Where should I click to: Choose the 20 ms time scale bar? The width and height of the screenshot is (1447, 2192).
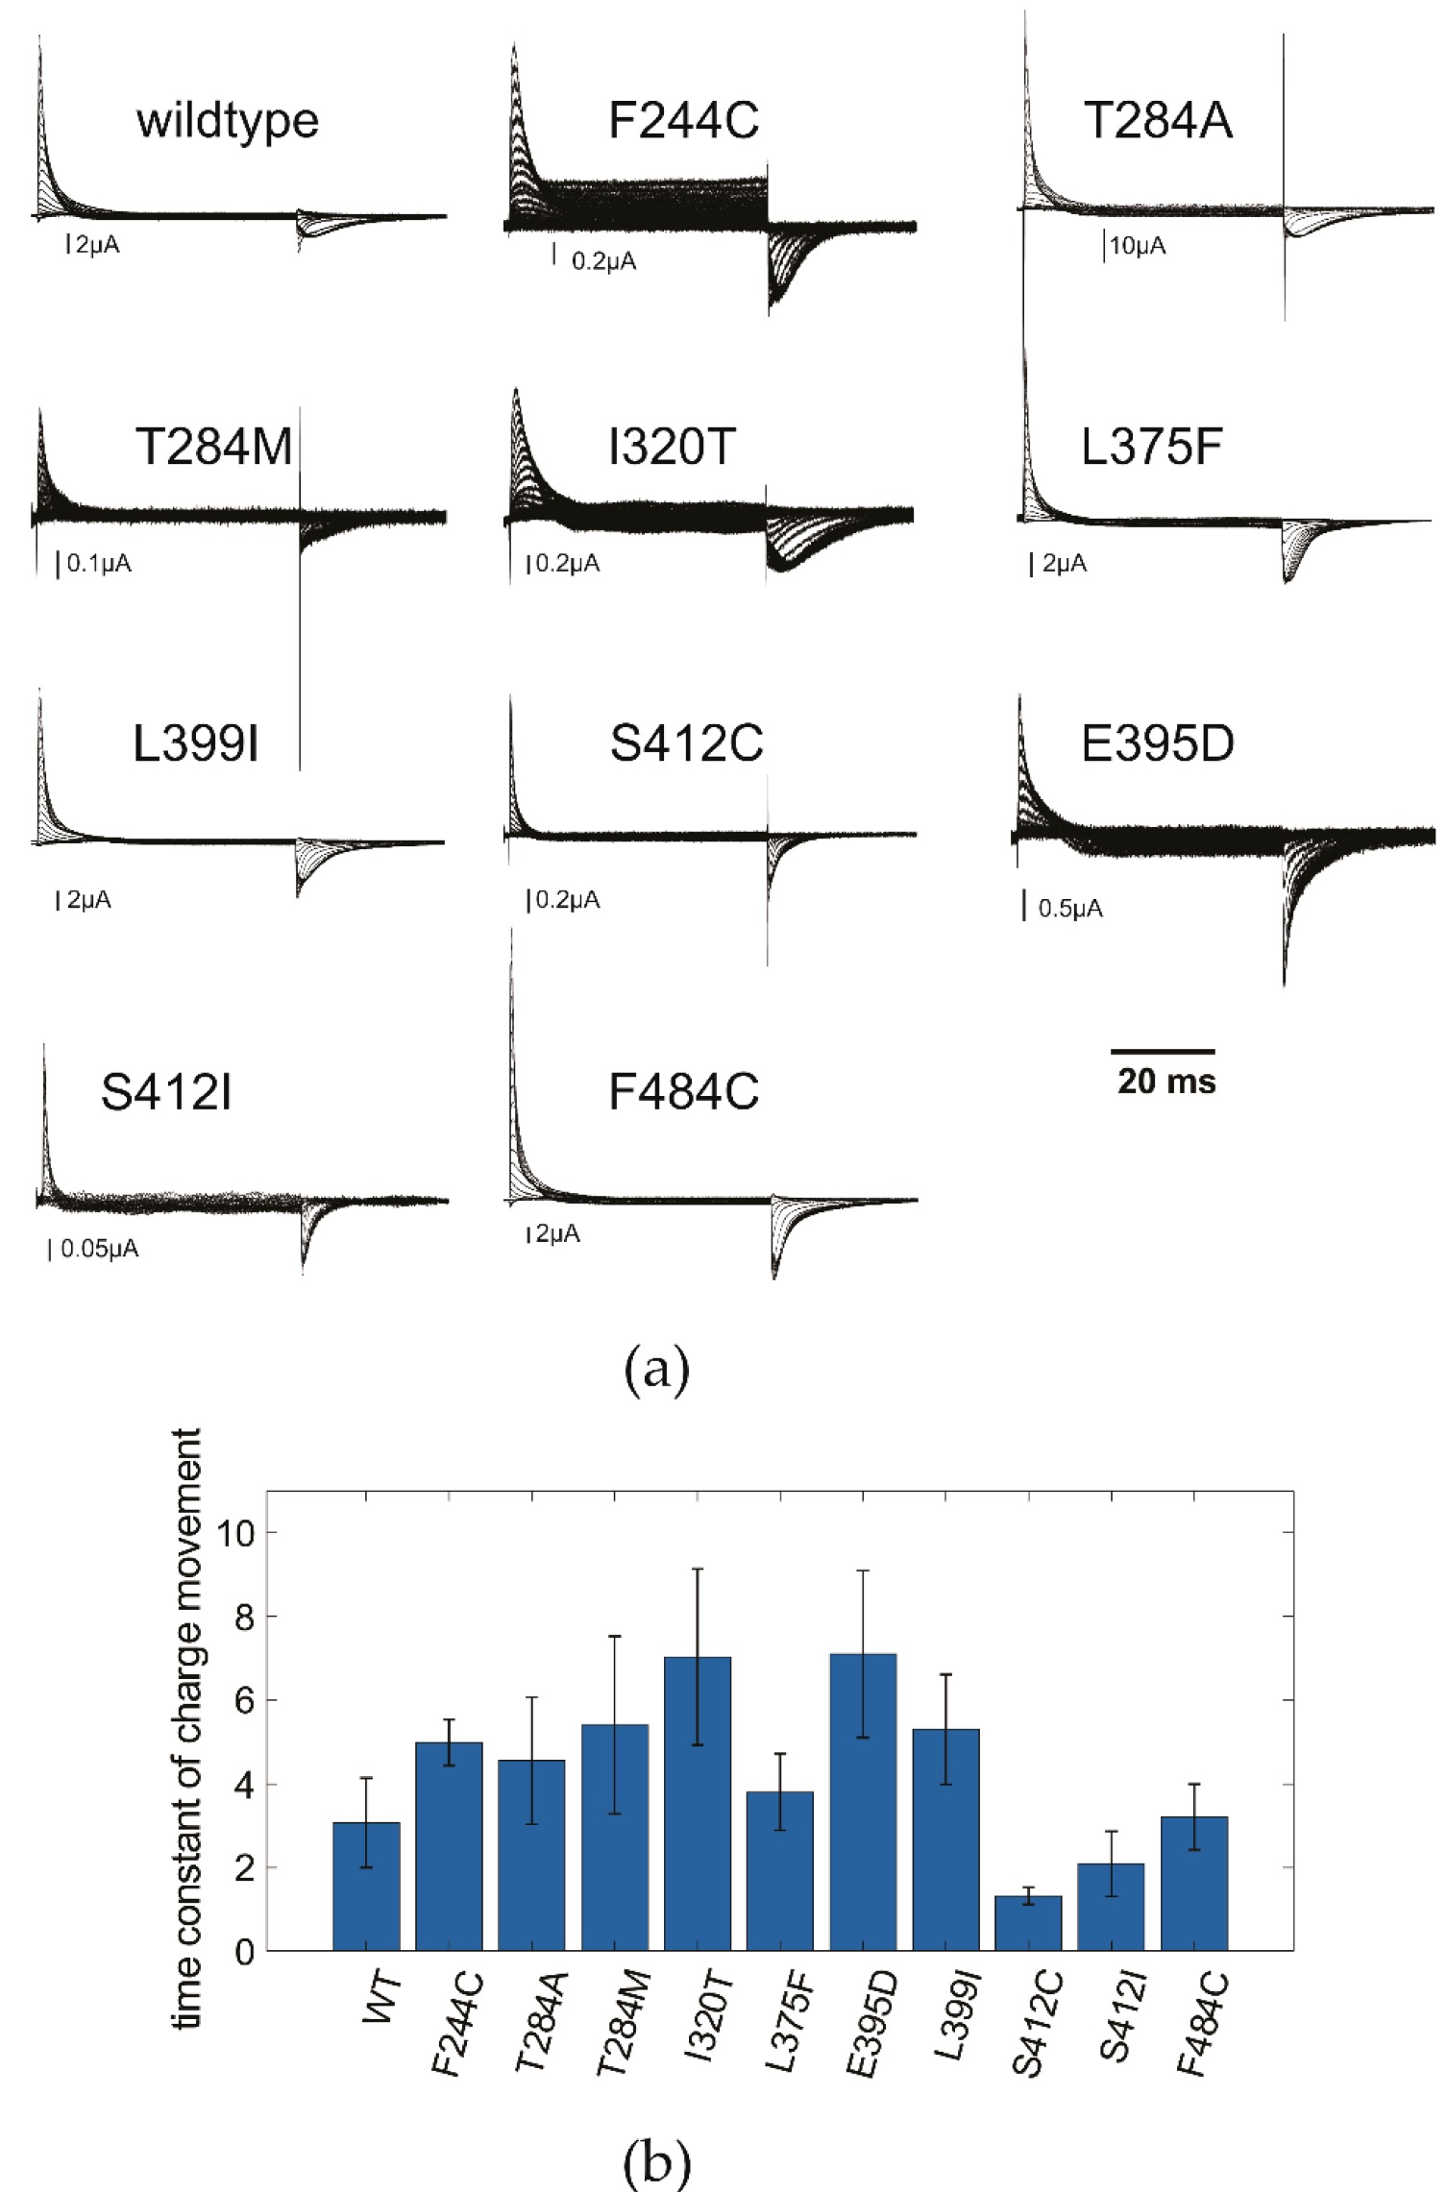click(x=1164, y=1052)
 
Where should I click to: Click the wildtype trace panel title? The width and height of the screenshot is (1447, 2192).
click(x=228, y=122)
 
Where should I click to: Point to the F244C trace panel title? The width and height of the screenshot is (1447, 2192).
click(x=683, y=122)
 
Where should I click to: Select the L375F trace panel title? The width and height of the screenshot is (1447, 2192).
click(x=1151, y=448)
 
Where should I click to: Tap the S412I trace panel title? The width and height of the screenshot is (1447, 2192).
click(x=166, y=1093)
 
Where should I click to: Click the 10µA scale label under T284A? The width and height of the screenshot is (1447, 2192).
click(x=1138, y=247)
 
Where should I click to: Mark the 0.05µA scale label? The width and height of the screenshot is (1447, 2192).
click(x=99, y=1249)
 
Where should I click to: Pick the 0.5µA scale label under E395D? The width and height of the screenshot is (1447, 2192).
click(x=1070, y=909)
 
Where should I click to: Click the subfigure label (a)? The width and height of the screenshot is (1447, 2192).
click(x=657, y=1373)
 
